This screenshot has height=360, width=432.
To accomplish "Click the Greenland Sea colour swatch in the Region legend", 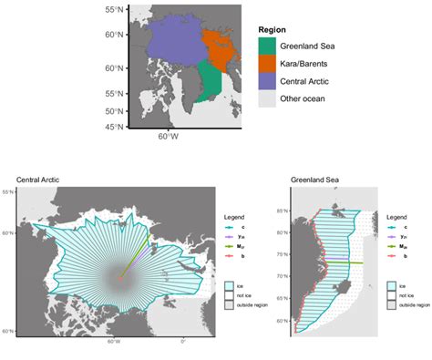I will click(x=267, y=45).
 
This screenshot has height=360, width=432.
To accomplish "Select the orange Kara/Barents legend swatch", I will click(x=267, y=63).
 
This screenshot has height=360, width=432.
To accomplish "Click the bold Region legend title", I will click(x=274, y=28).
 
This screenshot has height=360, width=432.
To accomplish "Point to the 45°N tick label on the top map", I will click(x=114, y=127).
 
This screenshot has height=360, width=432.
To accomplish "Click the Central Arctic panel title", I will click(x=38, y=180).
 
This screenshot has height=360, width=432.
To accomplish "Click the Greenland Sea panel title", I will click(x=312, y=180).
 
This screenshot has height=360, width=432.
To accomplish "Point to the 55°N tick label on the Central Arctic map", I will click(x=7, y=193).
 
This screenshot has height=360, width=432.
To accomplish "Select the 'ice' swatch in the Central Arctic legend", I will click(x=231, y=286).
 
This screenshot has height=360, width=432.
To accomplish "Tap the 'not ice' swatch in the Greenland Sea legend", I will click(x=390, y=295).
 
